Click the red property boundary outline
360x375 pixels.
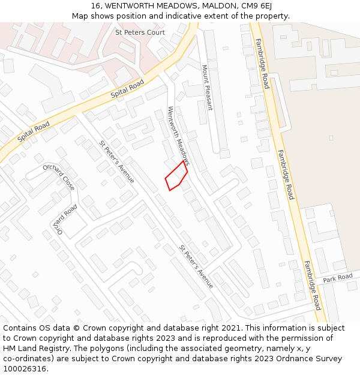[x=176, y=176]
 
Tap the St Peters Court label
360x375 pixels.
[x=140, y=32]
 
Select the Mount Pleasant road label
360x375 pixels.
[x=207, y=88]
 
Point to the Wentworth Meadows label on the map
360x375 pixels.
[x=179, y=136]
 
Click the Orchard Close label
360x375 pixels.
[x=59, y=177]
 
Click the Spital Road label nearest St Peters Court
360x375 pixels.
[x=127, y=90]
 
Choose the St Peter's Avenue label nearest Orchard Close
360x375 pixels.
[x=117, y=161]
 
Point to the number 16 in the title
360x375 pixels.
[x=96, y=5]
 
